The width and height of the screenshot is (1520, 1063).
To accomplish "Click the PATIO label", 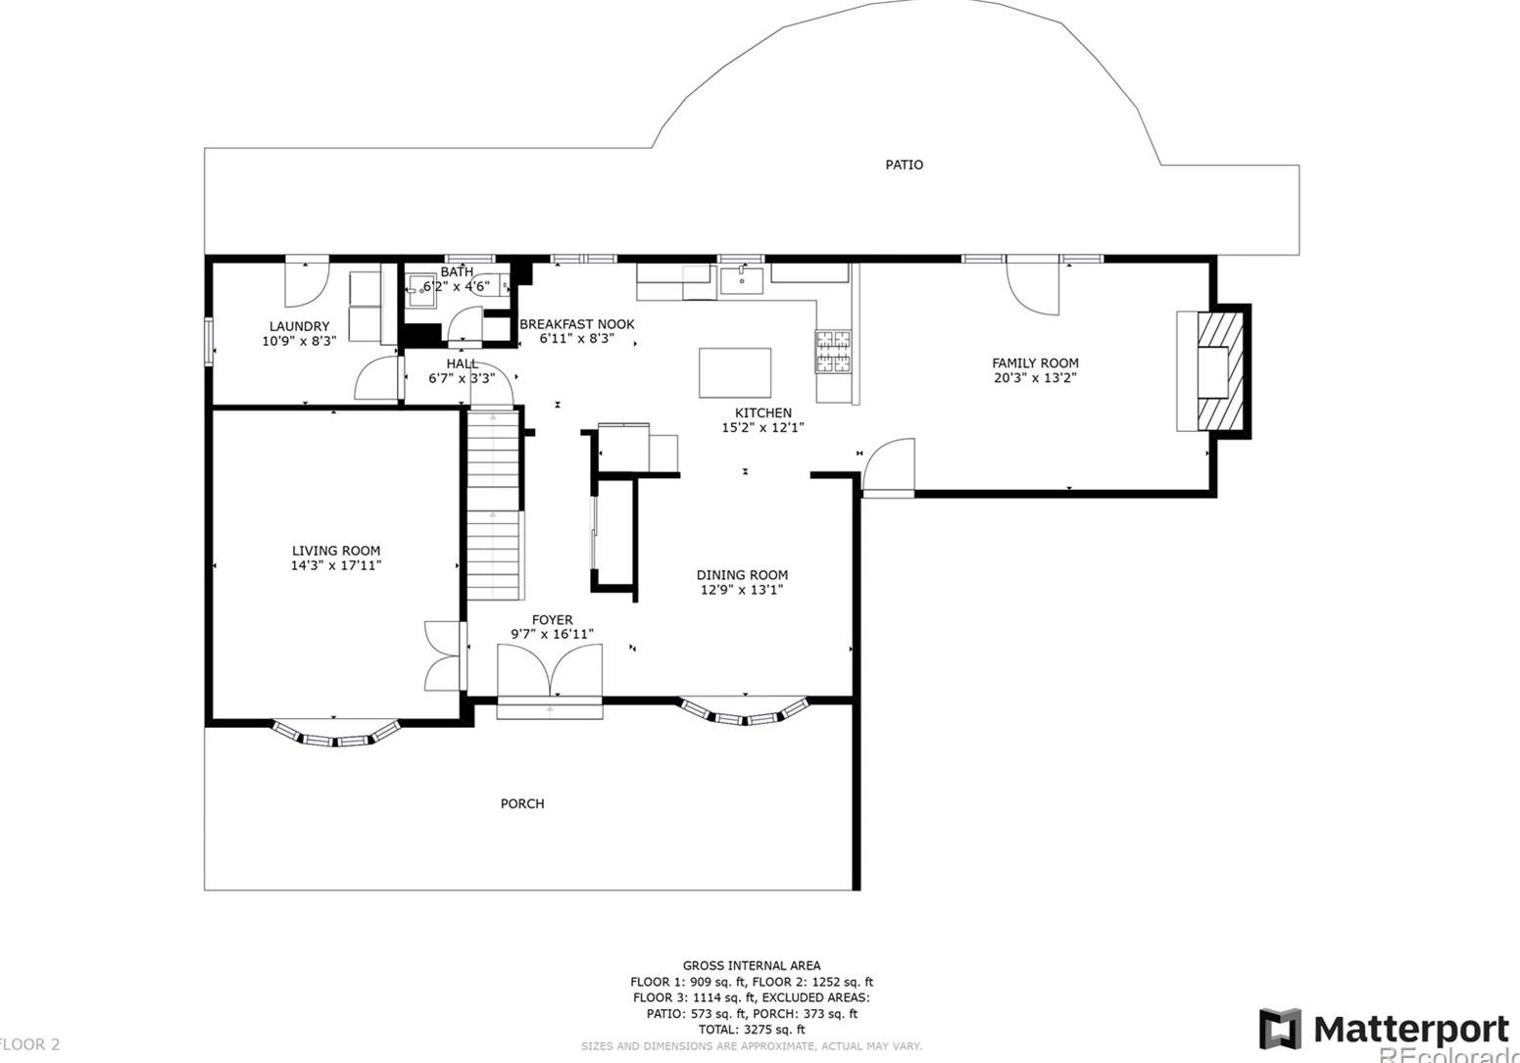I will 904,165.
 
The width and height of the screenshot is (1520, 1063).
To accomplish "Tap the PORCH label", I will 522,803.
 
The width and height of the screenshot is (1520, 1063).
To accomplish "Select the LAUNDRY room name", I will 299,326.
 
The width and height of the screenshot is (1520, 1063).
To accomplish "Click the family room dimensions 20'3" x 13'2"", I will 1035,377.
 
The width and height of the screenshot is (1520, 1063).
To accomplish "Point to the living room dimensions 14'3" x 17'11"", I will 335,565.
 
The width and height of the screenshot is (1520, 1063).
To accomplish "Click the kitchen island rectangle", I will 734,372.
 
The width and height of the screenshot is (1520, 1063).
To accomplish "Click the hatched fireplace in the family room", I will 1223,370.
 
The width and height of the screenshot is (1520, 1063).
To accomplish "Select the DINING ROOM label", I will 742,575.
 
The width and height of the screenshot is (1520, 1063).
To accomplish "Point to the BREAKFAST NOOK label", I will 576,324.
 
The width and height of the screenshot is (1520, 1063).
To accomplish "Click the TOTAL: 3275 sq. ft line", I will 751,1030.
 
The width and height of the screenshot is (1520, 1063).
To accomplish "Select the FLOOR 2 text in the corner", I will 31,1044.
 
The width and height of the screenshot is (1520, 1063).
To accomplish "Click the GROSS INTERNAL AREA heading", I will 751,966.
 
